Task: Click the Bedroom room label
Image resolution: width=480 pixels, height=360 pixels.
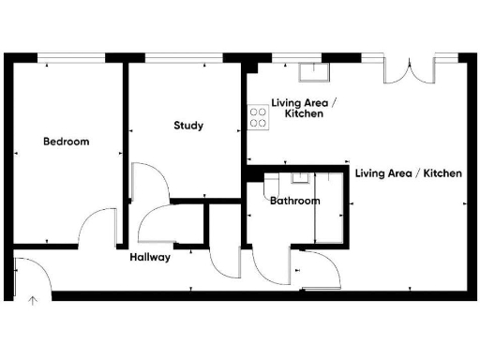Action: point(67,142)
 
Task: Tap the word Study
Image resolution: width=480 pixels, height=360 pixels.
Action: point(188,126)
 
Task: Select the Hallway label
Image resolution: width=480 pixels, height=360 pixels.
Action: point(150,257)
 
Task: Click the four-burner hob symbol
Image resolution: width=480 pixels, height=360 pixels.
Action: point(259,117)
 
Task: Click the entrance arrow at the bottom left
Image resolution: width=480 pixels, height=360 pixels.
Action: point(32,301)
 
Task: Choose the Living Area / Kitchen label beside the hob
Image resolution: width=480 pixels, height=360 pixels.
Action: point(297,108)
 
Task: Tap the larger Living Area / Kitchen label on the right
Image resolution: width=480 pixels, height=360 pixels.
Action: point(408,173)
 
